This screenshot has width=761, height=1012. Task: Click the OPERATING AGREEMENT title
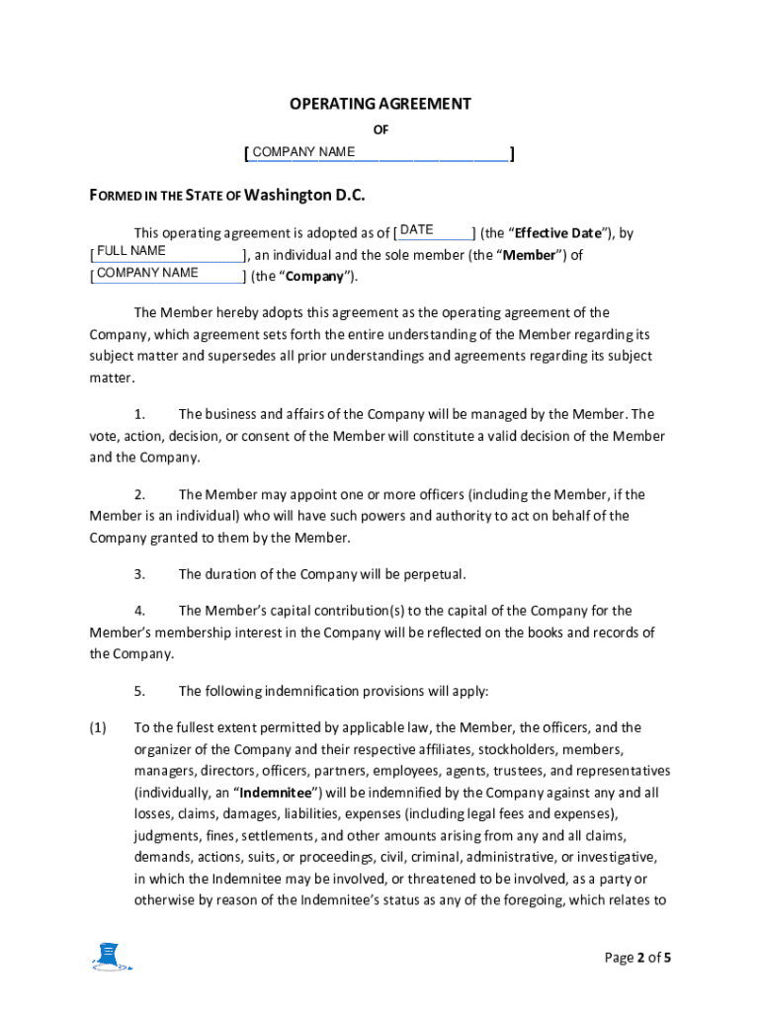tap(380, 104)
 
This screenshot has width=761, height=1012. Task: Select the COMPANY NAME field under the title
tap(379, 152)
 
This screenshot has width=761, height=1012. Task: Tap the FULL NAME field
tap(168, 252)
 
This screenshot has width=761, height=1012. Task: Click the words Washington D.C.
tap(304, 195)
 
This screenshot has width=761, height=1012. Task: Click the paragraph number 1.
tap(140, 414)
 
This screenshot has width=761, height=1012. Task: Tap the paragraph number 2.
tap(140, 494)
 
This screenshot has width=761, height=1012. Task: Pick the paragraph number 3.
tap(140, 574)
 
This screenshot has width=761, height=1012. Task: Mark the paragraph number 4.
tap(140, 611)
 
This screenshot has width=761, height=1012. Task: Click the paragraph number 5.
tap(140, 691)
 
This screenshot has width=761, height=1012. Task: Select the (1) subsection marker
tap(98, 727)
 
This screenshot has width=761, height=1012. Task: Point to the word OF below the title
tap(380, 129)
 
